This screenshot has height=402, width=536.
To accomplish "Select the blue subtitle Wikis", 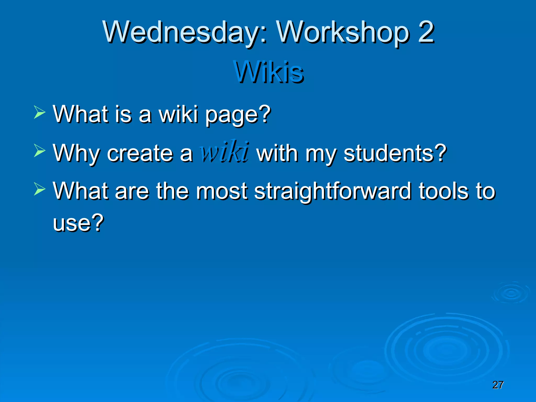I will point(269,72).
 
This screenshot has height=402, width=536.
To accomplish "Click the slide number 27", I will point(498,385).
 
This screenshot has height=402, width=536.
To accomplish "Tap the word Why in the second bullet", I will point(76,154).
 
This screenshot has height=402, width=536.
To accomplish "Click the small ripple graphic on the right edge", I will point(511,293).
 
